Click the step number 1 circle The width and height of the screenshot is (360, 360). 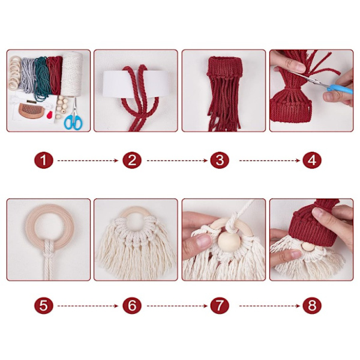[x=44, y=160]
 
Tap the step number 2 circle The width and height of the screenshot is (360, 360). [x=132, y=160]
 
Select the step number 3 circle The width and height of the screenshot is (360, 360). [x=220, y=160]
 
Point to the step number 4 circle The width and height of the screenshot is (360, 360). [x=312, y=160]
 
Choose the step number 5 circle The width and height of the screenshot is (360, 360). [x=44, y=305]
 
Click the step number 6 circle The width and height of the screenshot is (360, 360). [x=132, y=305]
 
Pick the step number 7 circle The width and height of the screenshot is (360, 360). [x=220, y=305]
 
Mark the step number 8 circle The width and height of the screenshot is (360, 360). [x=312, y=305]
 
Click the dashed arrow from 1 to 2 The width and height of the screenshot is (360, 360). [x=88, y=160]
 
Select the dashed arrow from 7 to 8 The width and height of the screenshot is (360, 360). [x=269, y=306]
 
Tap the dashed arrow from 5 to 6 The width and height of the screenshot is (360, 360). [x=88, y=306]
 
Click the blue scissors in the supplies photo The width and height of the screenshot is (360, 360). [x=73, y=117]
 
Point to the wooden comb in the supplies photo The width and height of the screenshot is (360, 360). [x=31, y=110]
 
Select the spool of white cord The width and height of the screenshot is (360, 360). [x=72, y=74]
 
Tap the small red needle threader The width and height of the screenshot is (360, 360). [x=50, y=115]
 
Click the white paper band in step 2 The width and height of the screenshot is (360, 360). [x=136, y=84]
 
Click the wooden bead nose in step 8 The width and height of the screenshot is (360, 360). [x=307, y=247]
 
